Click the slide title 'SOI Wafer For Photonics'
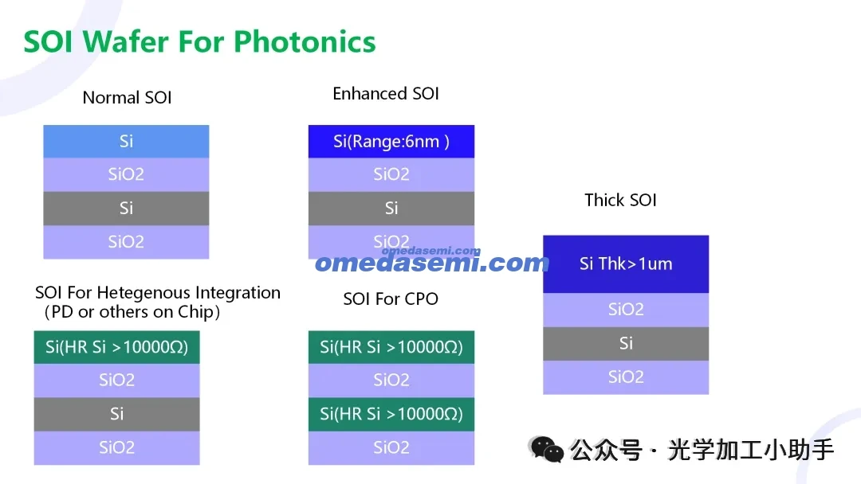pos(199,41)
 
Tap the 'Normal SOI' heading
pos(127,98)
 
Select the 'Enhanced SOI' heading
pos(386,94)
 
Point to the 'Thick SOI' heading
pos(620,200)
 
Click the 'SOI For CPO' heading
pos(391,299)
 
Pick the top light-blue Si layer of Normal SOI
pos(126,142)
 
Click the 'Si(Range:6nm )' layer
pos(391,142)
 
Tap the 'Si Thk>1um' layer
pos(626,263)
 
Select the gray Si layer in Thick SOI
pos(626,343)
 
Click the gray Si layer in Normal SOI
pos(126,208)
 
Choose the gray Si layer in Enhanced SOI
pos(391,208)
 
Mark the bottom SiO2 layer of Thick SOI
pos(626,377)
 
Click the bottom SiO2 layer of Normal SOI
pos(126,242)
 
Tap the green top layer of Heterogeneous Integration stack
pos(117,347)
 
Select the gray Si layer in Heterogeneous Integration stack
pos(117,414)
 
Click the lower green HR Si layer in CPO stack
pos(391,414)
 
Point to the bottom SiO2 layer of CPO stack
pos(391,448)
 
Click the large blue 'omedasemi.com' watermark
pos(432,263)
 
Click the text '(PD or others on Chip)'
pos(132,312)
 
